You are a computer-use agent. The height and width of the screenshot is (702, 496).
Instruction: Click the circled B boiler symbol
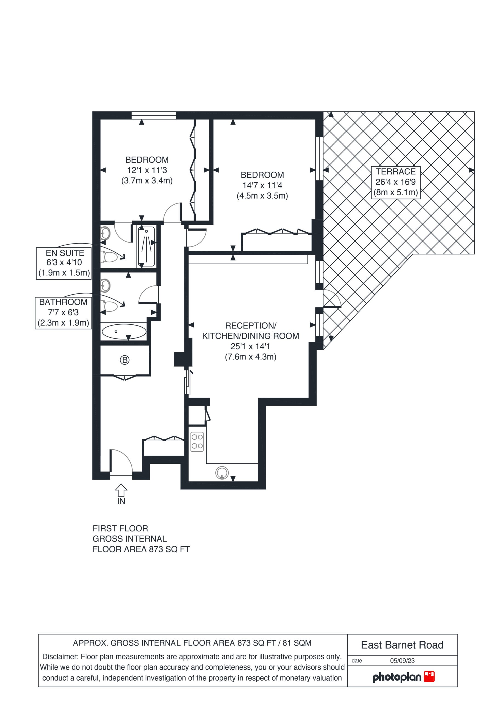pos(124,360)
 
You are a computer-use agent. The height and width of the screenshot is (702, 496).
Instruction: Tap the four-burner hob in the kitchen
pos(197,441)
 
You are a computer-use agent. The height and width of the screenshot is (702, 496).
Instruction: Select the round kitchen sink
pos(222,473)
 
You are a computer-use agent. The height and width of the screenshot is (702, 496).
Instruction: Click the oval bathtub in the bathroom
pos(124,332)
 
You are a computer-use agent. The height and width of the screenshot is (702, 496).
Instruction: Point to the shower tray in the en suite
pos(146,247)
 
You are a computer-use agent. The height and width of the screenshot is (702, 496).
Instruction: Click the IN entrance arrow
pos(121,490)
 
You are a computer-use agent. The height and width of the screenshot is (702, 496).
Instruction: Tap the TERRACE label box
pos(395,183)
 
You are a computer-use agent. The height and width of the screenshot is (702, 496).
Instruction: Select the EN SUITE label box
pos(64,263)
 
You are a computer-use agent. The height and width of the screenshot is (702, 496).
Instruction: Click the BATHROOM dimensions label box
pos(63,313)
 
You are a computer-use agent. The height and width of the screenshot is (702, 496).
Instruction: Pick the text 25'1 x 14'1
pos(250,346)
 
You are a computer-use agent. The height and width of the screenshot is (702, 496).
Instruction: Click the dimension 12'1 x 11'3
pos(147,170)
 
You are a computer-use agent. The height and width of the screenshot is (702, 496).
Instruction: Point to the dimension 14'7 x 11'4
pos(262,185)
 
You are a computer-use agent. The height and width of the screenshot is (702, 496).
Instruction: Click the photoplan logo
pos(403,677)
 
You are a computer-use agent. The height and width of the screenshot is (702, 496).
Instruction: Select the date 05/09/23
pos(402,660)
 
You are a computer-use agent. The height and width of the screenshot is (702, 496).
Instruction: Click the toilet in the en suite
pos(109,257)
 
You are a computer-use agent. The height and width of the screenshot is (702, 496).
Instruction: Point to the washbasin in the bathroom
pos(105,285)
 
